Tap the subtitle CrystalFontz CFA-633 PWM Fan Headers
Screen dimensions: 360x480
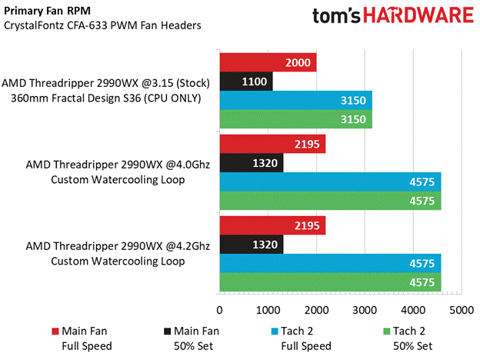102,25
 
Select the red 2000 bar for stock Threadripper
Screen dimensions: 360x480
268,62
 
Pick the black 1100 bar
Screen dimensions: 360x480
246,81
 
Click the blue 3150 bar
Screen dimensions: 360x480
295,100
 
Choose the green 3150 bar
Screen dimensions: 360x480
295,119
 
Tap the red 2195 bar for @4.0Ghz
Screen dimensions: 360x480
272,144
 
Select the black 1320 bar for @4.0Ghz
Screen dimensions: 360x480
252,163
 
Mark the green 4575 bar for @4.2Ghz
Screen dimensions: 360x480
330,283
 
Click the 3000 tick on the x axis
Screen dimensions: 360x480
365,310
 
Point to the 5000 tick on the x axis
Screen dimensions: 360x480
461,310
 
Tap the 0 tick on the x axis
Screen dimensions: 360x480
220,310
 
